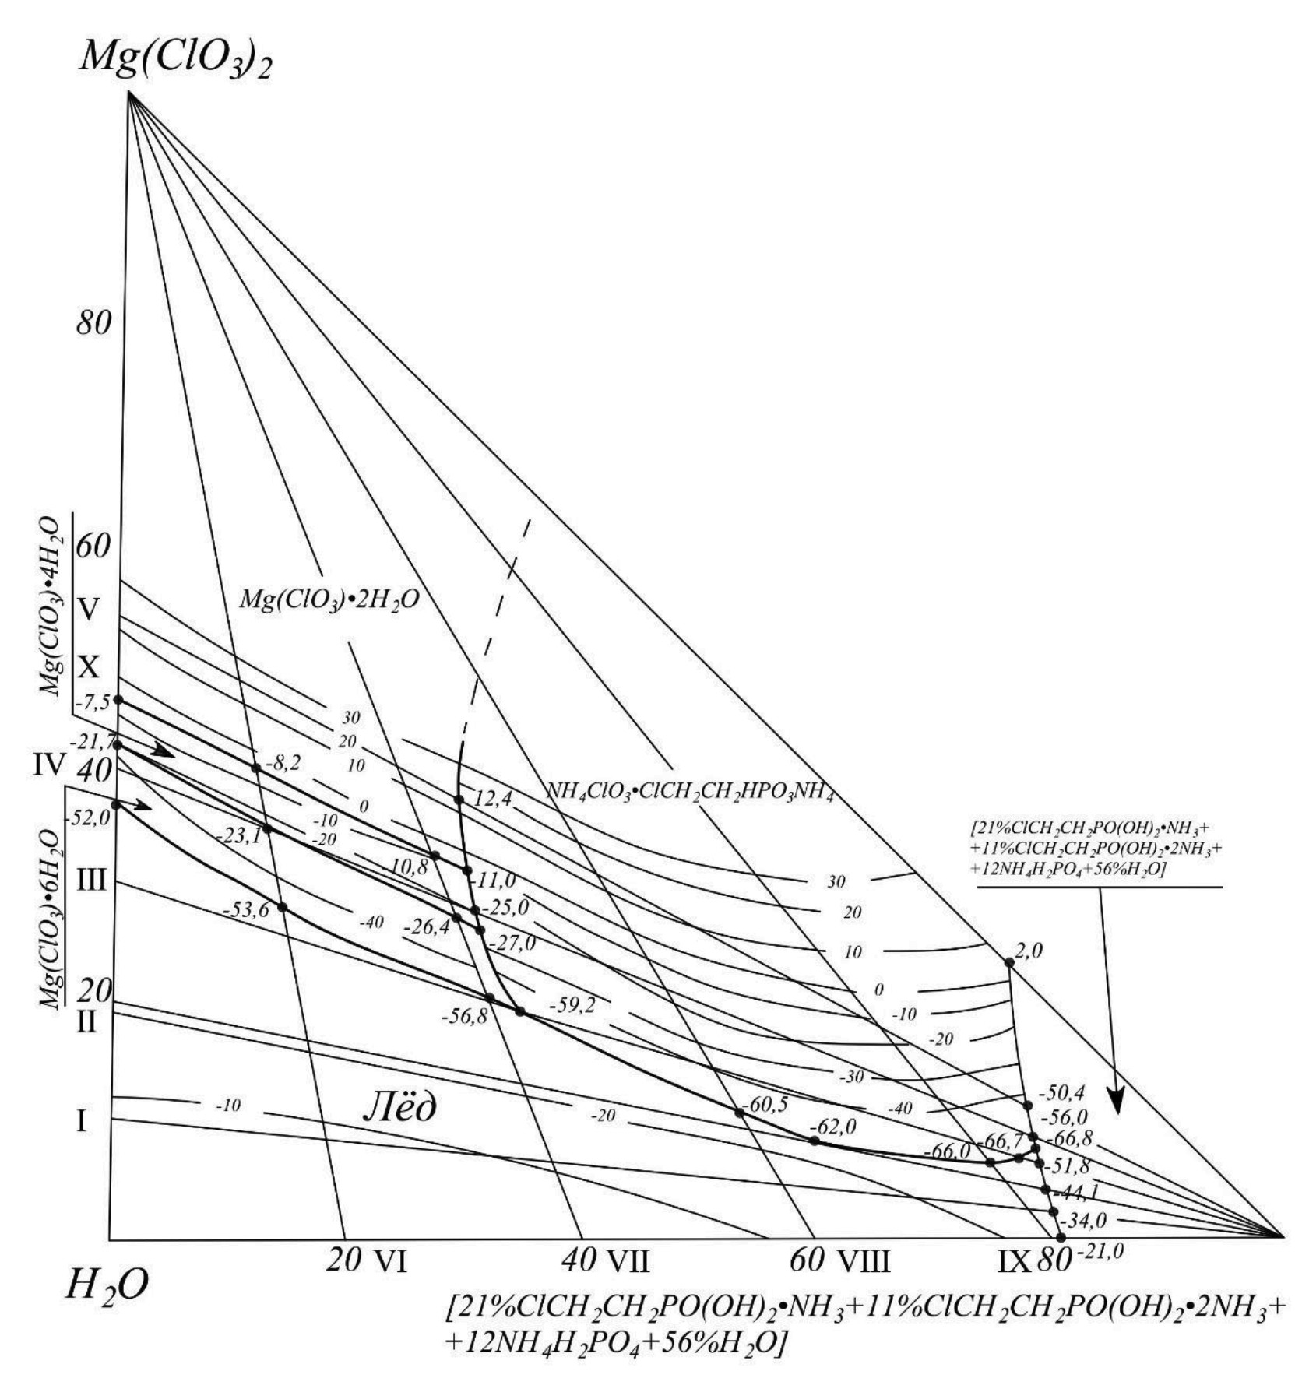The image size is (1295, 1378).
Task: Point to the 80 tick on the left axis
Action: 93,322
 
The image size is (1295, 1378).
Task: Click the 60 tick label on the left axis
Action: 93,547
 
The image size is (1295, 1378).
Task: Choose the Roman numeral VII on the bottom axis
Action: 628,1260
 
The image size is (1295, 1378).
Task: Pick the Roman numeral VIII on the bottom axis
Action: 862,1260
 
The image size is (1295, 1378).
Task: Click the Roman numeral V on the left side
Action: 89,610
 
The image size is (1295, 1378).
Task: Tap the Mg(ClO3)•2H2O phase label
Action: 329,599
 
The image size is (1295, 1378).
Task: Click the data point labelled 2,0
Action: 1009,962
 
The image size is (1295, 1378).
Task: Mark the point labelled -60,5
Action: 740,1113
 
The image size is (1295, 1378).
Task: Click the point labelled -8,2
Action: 255,768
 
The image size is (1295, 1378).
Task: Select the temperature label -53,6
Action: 245,909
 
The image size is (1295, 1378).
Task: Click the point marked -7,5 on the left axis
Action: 118,700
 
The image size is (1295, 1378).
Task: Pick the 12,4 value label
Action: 491,798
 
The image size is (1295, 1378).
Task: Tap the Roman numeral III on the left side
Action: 91,881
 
